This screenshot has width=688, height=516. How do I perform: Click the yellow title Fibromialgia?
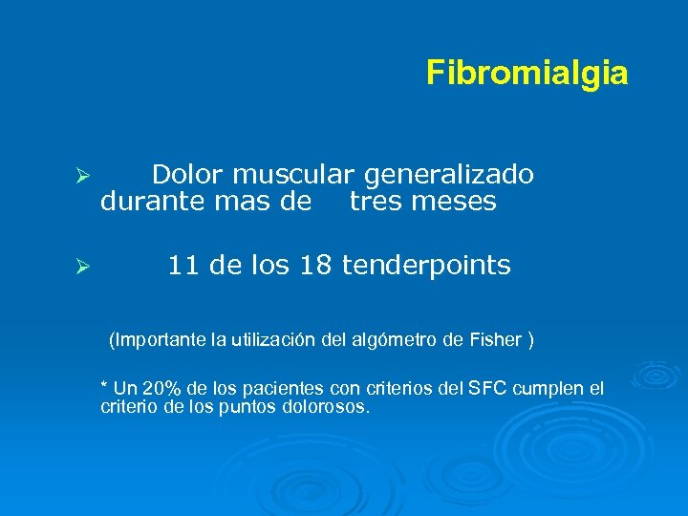tap(527, 73)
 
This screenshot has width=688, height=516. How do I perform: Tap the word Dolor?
tap(187, 175)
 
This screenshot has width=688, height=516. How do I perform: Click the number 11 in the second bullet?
tap(183, 265)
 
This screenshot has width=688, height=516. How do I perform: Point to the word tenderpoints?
tap(426, 266)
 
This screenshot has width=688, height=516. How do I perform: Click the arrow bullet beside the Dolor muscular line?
tap(83, 178)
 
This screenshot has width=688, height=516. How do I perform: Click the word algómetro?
tap(399, 339)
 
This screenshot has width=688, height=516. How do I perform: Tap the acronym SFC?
tap(484, 388)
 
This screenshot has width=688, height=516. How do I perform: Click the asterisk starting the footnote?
tap(104, 386)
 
